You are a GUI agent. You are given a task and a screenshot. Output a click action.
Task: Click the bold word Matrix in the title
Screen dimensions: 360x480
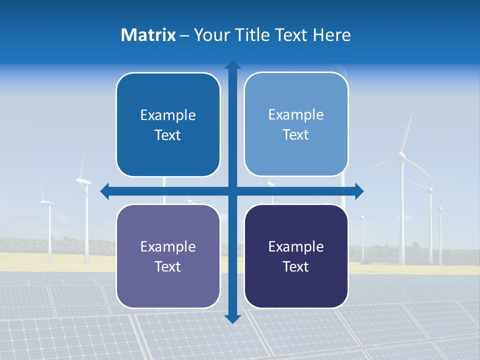pos(148,35)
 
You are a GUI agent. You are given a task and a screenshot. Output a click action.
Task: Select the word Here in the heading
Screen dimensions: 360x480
pos(331,35)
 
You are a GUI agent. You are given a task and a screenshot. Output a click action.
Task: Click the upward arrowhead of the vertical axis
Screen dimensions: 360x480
pos(232,64)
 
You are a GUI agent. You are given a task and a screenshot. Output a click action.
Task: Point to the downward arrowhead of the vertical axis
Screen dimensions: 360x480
pos(232,318)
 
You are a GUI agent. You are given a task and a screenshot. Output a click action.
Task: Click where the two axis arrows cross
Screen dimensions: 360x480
pos(232,190)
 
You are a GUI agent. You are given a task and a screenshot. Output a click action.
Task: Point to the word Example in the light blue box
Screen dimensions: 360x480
pos(296,115)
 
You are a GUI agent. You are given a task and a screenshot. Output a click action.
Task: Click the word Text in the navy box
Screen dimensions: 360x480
pos(296,267)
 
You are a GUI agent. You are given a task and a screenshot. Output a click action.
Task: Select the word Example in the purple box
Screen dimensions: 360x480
pos(168,246)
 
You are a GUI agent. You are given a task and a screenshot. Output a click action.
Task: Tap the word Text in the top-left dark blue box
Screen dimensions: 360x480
pos(168,135)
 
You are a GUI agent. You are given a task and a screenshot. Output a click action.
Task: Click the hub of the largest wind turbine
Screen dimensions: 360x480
pos(401,157)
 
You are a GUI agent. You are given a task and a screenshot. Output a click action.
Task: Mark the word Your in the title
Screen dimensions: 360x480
pos(210,35)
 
